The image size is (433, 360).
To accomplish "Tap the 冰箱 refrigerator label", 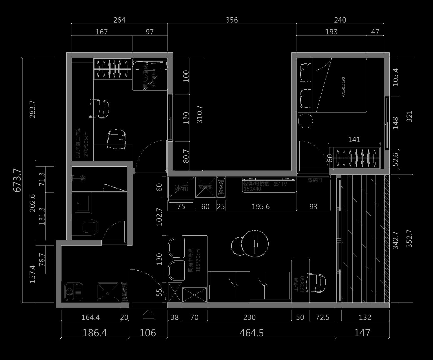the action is (x=181, y=188).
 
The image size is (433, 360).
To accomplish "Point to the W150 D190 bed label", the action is (x=343, y=87).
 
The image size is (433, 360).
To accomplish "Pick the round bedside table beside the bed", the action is (x=305, y=121).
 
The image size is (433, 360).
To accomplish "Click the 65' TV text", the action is (x=280, y=184).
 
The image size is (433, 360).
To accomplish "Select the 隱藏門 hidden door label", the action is (x=315, y=180).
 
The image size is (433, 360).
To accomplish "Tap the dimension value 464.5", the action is (x=251, y=333).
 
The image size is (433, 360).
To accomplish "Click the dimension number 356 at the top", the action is (x=232, y=20).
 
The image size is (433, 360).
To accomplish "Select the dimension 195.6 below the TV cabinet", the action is (x=260, y=207).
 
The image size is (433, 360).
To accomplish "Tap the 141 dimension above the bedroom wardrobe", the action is (x=354, y=139).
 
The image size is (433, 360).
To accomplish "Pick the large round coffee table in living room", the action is (x=255, y=244).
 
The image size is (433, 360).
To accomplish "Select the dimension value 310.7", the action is (x=199, y=114).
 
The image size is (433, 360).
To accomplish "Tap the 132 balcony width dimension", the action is (x=365, y=317).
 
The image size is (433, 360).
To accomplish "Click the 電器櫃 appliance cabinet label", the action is (x=205, y=187).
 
